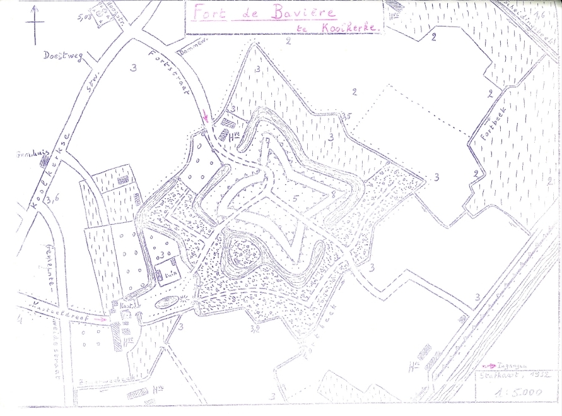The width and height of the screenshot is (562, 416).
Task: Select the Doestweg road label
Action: [60, 56]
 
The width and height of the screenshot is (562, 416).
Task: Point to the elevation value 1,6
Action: [540, 15]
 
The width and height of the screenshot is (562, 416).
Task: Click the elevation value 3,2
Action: [255, 328]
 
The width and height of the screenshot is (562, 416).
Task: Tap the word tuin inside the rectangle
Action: [169, 275]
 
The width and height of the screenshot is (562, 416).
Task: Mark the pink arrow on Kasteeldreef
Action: [100, 320]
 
